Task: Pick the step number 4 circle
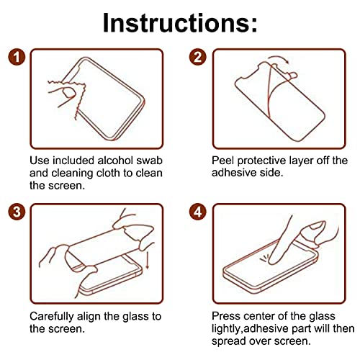(x=199, y=212)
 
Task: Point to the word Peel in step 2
(x=224, y=161)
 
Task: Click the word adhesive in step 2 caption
(x=235, y=173)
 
